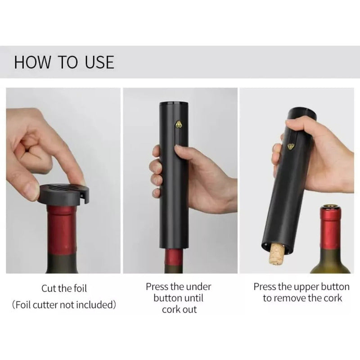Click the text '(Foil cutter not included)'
coord(64,305)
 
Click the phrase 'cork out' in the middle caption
coord(179,310)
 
